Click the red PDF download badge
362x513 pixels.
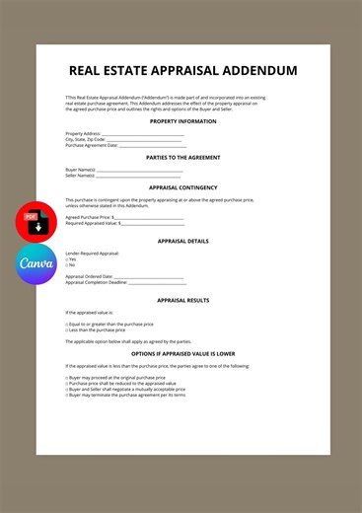click(x=36, y=221)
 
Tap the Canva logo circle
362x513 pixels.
click(x=36, y=264)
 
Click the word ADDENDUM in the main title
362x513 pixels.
click(x=251, y=71)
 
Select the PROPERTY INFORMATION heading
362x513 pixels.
click(x=182, y=121)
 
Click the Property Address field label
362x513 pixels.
click(x=83, y=133)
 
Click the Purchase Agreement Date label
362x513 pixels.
click(x=92, y=145)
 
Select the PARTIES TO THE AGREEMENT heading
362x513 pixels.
click(x=182, y=158)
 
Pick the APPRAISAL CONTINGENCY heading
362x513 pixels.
click(x=182, y=187)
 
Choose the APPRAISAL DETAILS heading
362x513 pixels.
click(x=182, y=241)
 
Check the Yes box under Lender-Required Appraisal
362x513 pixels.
click(x=67, y=259)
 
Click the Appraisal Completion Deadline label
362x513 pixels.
click(x=96, y=282)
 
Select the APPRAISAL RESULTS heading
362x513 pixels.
click(x=182, y=300)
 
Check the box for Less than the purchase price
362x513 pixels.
click(x=67, y=330)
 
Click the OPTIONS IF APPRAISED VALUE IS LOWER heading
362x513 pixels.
click(x=182, y=353)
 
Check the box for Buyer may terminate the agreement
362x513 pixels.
click(x=67, y=395)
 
